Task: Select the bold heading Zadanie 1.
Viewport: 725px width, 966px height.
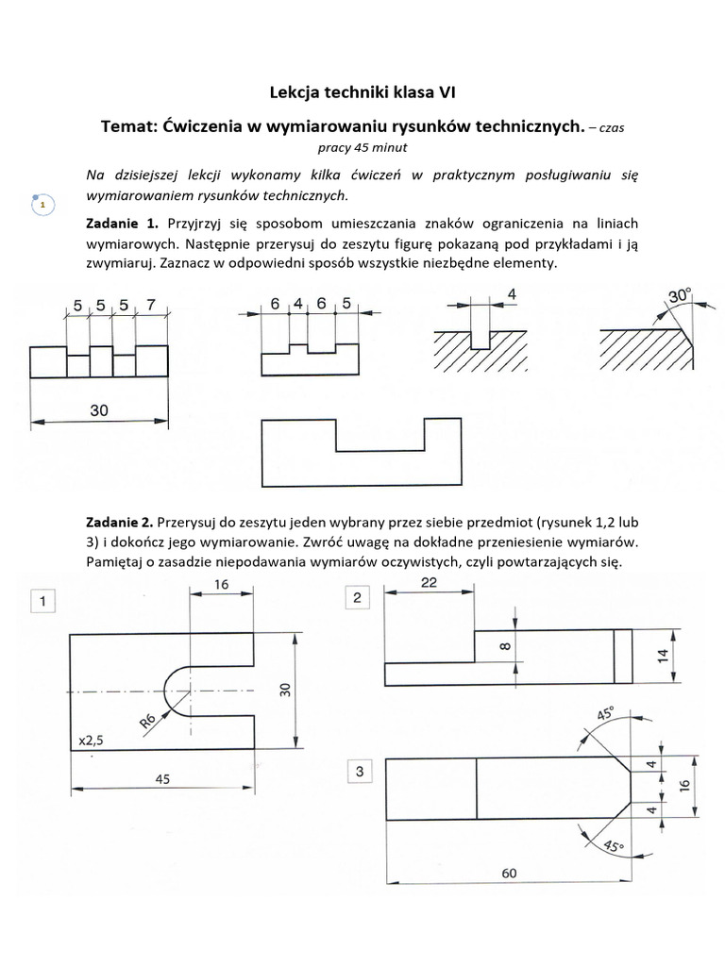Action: point(123,224)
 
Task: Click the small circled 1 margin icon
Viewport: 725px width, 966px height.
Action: point(42,203)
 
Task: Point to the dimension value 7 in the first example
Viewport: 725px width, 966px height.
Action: point(151,306)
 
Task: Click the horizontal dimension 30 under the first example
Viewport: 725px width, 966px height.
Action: point(99,410)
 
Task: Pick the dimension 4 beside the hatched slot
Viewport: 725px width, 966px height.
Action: point(512,294)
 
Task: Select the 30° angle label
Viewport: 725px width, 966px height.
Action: point(680,295)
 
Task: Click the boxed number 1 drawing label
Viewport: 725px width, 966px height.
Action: point(42,600)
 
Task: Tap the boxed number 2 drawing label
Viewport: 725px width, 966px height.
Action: point(358,598)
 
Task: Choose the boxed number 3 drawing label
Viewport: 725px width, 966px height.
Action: point(359,773)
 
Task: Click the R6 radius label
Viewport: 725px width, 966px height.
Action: point(147,722)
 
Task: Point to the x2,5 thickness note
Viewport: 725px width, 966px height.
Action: point(92,741)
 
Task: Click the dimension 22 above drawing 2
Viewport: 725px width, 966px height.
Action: point(428,583)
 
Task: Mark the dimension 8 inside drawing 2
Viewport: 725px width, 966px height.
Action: point(504,646)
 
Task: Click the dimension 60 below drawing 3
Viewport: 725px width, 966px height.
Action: point(509,874)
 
